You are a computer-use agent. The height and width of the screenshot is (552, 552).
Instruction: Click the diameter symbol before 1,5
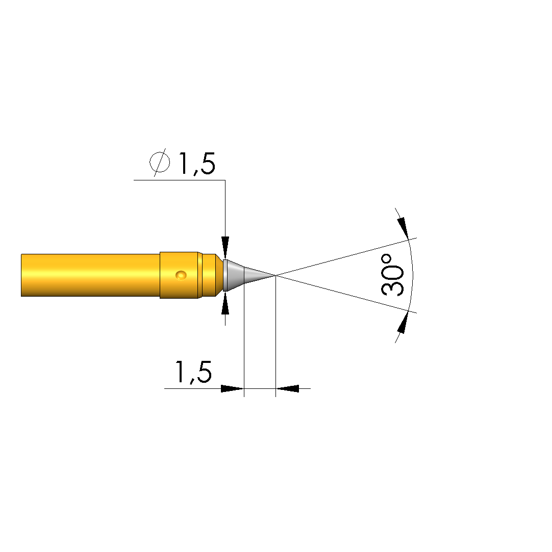coord(160,162)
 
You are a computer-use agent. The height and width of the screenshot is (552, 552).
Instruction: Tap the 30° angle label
coord(392,275)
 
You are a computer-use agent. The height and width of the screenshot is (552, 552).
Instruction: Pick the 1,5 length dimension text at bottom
coord(193,372)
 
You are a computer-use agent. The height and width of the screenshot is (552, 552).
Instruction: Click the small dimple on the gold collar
coord(181,275)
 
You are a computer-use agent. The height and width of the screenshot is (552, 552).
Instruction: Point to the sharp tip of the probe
coord(275,275)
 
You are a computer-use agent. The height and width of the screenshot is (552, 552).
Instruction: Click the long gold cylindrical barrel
coord(90,275)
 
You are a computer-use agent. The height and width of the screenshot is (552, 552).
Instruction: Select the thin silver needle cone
coord(259,275)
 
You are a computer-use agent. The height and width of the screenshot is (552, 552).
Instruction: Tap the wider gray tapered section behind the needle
coord(234,275)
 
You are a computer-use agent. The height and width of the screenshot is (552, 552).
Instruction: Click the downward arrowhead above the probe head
coord(225,248)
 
